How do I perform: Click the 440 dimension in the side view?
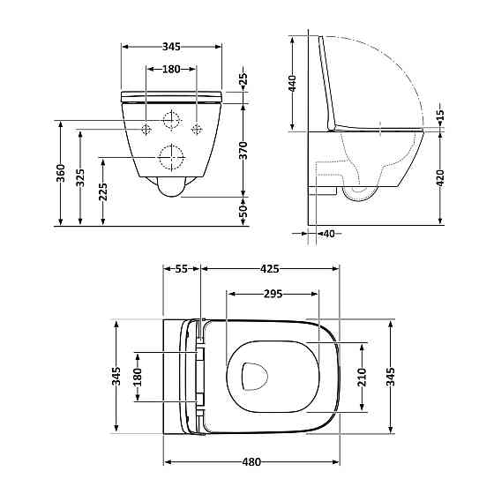(x=292, y=84)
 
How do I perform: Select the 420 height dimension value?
(x=440, y=179)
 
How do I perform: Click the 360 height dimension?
(x=60, y=174)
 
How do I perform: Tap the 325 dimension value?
(x=81, y=179)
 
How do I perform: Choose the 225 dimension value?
(x=104, y=191)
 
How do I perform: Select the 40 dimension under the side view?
(x=328, y=234)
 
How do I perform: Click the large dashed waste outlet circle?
(x=171, y=158)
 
